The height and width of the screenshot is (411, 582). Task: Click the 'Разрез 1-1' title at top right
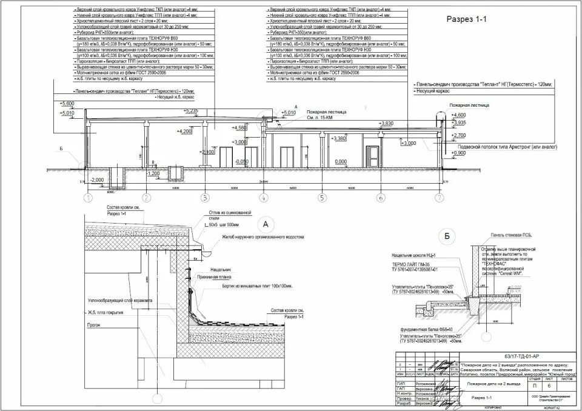[x=467, y=19]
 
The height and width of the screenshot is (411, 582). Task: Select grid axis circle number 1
[x=88, y=198]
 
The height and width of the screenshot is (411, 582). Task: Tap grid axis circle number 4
[x=263, y=198]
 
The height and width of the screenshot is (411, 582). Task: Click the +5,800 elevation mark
[x=67, y=104]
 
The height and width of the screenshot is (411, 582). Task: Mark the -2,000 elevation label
[x=96, y=180]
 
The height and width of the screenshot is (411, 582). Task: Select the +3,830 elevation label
[x=386, y=123]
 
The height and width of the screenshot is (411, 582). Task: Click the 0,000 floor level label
[x=341, y=162]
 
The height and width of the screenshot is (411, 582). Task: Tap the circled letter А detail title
[x=263, y=222]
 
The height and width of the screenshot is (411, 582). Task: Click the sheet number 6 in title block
[x=549, y=386]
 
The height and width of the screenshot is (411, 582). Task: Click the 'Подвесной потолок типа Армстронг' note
[x=507, y=147]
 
